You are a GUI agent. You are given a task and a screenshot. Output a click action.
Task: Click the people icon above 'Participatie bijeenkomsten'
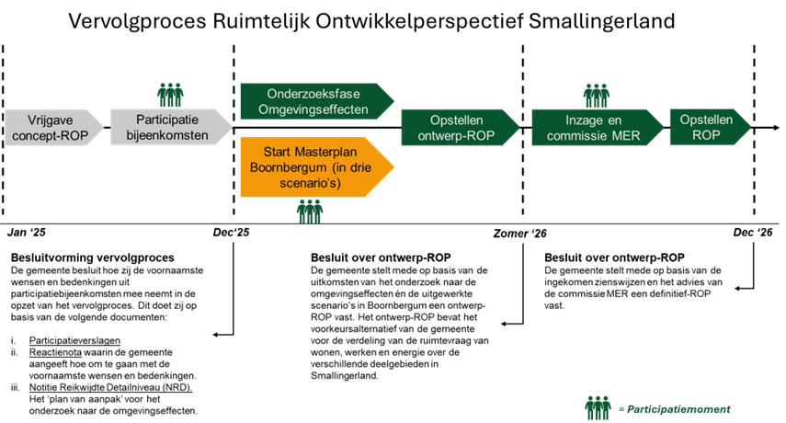pyautogui.click(x=170, y=94)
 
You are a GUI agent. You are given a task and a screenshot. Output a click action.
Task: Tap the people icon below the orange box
pyautogui.click(x=310, y=211)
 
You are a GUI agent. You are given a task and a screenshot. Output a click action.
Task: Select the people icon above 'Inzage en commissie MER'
pyautogui.click(x=597, y=94)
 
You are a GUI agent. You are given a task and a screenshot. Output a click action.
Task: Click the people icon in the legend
pyautogui.click(x=598, y=407)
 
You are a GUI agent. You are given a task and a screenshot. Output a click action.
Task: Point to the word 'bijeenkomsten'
pyautogui.click(x=167, y=136)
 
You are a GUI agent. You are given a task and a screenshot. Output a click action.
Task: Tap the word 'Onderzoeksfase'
pyautogui.click(x=312, y=94)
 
